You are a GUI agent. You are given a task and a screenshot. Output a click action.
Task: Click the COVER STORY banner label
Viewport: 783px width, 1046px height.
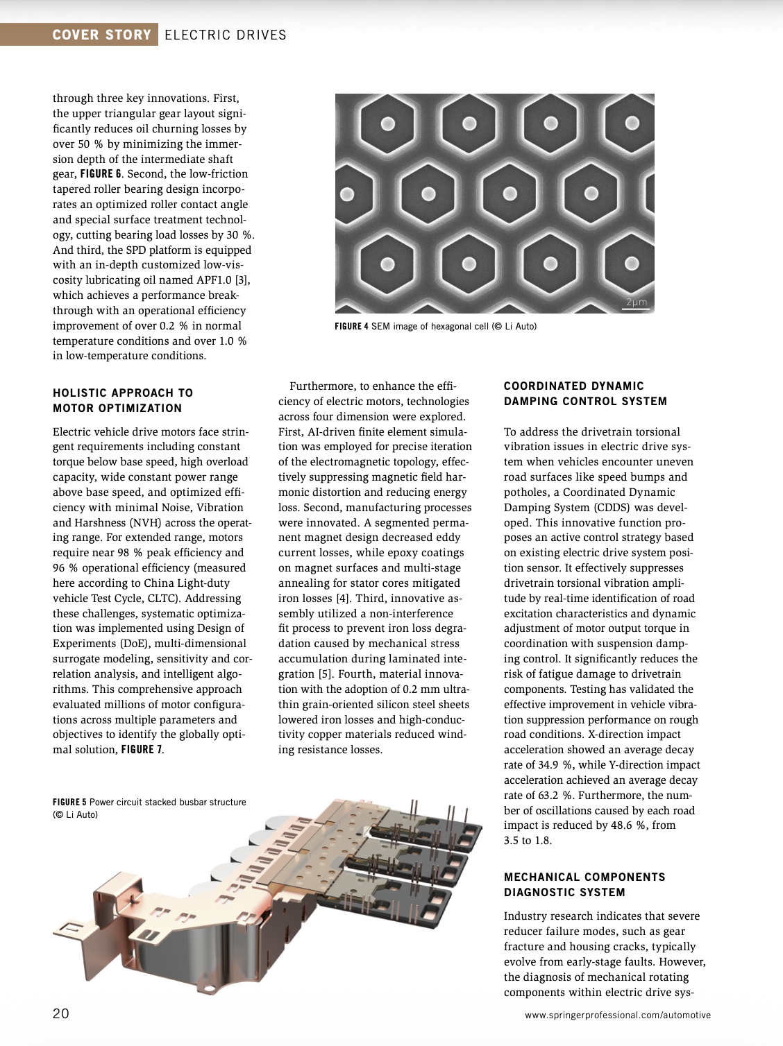[101, 35]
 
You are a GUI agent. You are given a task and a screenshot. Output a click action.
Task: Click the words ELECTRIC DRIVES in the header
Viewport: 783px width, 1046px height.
[226, 35]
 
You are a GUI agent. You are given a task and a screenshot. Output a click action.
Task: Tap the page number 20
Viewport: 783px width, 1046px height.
[61, 1013]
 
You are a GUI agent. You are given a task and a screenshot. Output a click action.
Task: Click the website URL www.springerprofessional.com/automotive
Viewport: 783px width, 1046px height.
[618, 1015]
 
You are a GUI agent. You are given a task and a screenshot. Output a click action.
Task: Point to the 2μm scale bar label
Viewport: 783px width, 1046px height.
[636, 302]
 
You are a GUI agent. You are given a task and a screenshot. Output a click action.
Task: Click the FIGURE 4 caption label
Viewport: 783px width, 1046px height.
[352, 326]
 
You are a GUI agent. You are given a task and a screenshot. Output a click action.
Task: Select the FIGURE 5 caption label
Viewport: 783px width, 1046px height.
[69, 802]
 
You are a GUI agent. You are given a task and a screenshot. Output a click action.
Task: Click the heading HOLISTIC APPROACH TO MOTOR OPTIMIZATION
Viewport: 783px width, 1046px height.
[123, 400]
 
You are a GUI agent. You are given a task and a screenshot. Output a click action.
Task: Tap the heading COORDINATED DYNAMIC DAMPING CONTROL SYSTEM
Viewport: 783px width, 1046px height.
[585, 393]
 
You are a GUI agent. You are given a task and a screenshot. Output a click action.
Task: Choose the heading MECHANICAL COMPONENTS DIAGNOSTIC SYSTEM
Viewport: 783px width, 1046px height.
[584, 884]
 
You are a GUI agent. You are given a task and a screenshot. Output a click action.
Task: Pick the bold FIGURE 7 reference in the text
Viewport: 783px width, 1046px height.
[142, 750]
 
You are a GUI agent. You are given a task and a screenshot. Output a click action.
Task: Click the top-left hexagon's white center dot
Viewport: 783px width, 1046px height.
[388, 124]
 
